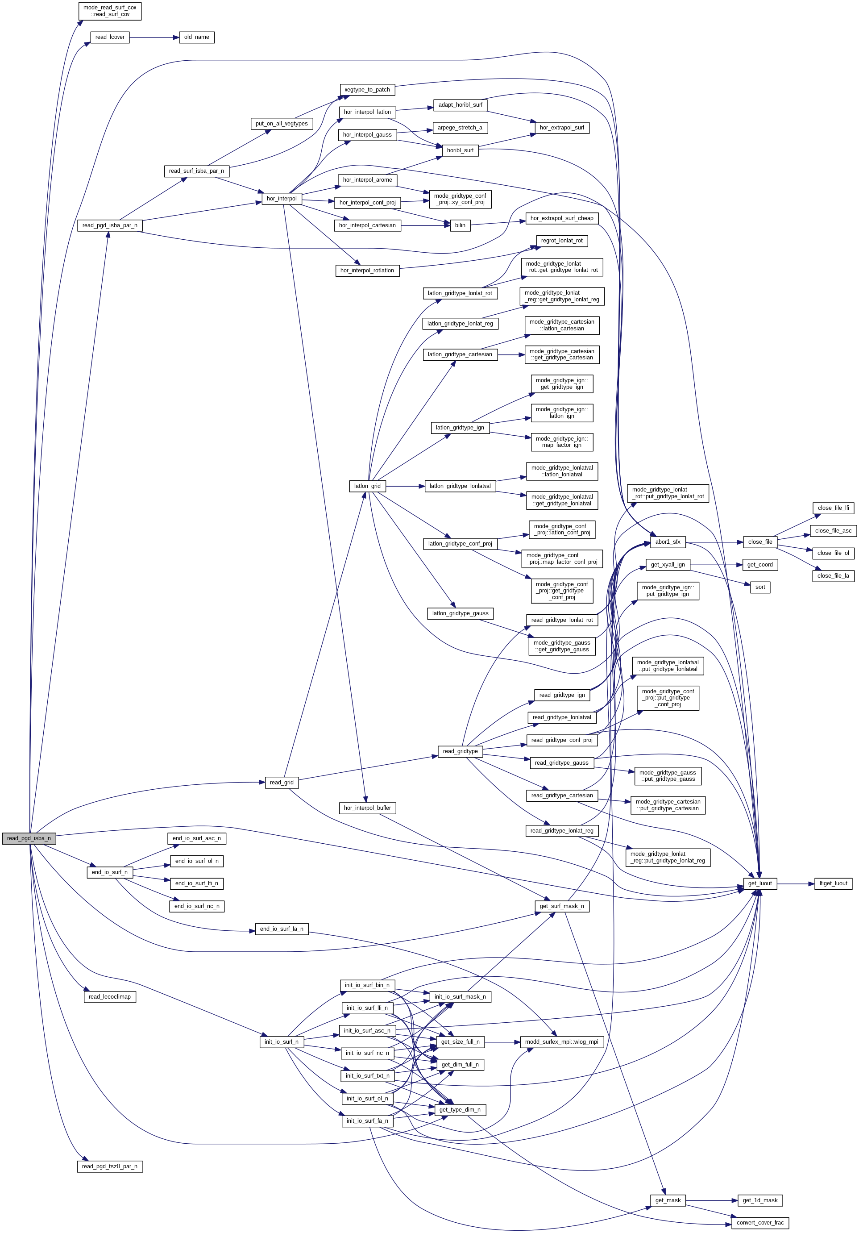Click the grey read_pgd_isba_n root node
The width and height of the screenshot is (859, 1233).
(x=29, y=838)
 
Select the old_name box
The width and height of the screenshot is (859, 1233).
(x=196, y=37)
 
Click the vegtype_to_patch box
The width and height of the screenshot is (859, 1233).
(x=367, y=90)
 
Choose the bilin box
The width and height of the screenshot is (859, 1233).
(x=460, y=225)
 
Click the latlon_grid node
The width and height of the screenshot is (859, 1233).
(x=367, y=487)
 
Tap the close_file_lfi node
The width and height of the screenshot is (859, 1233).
(x=833, y=508)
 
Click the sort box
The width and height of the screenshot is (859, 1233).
(x=759, y=587)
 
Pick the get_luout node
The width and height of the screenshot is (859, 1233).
(x=759, y=883)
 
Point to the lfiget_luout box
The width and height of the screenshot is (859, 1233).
(x=833, y=883)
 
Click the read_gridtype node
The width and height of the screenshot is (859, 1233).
(x=460, y=751)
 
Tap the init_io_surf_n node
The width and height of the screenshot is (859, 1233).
(x=281, y=1042)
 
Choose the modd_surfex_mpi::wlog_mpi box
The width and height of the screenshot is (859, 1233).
(x=561, y=1042)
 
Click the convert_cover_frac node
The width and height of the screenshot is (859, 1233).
(x=759, y=1223)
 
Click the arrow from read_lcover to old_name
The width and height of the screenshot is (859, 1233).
(x=154, y=37)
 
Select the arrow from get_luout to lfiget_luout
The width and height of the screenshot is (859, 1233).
(x=795, y=883)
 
